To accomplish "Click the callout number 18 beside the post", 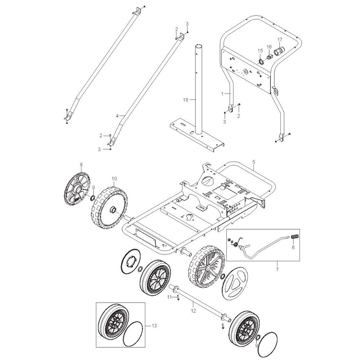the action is pos(186,100).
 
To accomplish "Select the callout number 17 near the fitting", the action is pos(280,40).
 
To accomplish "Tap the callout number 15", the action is pos(260,50).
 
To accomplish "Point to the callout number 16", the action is pos(269,47).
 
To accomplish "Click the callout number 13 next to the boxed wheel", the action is pos(154,325).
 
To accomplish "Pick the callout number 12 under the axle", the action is pos(193,311).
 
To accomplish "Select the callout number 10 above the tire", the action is pos(114,179).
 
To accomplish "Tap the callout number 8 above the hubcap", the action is pos(81,165).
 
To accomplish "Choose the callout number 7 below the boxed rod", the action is pos(277,270).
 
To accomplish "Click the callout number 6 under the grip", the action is pos(293,248).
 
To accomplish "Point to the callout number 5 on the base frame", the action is pos(254,162).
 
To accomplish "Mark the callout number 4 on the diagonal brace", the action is pos(117,116).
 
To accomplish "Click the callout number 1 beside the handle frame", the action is pos(222,94).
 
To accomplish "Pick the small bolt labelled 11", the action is pos(178,298).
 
